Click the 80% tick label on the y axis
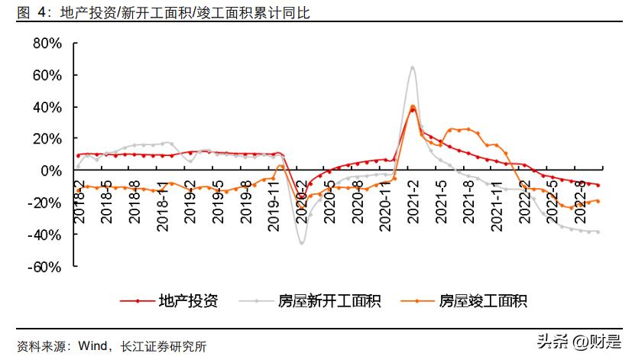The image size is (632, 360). (x=45, y=44)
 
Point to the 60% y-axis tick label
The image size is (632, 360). (x=45, y=76)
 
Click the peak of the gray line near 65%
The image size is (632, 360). (x=413, y=67)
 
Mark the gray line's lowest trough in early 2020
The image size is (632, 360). (x=302, y=242)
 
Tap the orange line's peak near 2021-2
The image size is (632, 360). (x=413, y=106)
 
